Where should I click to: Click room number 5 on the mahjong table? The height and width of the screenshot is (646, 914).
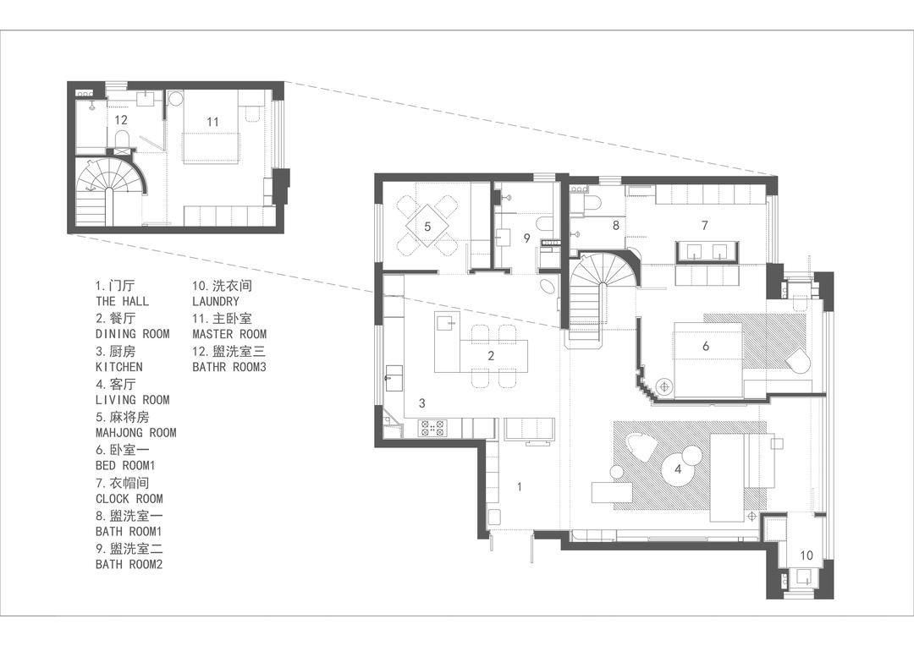click(x=427, y=226)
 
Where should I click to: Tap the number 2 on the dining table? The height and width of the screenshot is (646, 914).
click(x=491, y=355)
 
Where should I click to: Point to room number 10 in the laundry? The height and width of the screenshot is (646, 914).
click(x=807, y=556)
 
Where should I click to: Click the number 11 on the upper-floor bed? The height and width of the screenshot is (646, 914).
click(x=212, y=122)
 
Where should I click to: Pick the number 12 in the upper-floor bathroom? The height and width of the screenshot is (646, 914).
click(x=121, y=120)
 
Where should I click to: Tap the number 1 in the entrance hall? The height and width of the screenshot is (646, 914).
click(x=520, y=487)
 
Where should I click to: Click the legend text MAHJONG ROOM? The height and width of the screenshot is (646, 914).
click(x=135, y=433)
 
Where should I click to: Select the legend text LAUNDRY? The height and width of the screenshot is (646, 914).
click(x=216, y=301)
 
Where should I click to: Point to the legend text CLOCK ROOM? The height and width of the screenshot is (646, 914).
click(x=129, y=499)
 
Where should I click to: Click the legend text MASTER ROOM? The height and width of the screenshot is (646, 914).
click(x=229, y=334)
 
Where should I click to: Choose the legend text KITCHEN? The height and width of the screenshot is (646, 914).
click(x=119, y=367)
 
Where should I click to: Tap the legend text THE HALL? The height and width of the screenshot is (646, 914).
click(x=123, y=301)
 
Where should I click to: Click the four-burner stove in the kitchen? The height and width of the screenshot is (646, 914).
click(x=432, y=429)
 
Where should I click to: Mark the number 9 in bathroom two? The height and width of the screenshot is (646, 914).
click(x=527, y=238)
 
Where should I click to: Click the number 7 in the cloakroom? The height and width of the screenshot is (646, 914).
click(x=705, y=225)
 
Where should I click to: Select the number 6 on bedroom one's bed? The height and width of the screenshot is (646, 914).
click(x=705, y=346)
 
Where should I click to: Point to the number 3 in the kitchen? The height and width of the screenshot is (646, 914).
click(x=422, y=402)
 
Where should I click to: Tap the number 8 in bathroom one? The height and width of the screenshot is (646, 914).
click(x=615, y=226)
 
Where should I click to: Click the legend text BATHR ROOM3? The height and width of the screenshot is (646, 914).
click(x=229, y=367)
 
